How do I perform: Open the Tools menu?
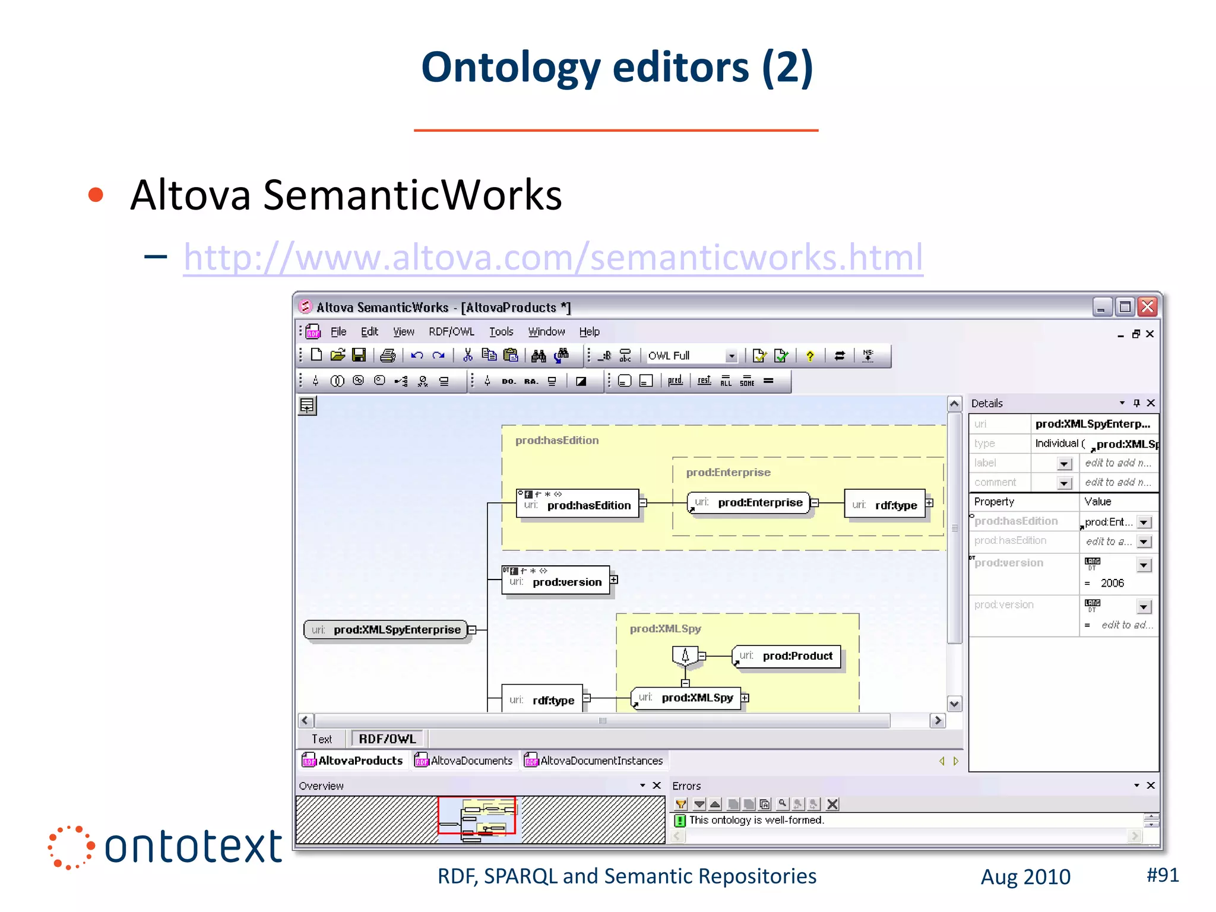tap(501, 332)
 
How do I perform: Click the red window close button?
tap(1148, 307)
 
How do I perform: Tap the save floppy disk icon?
tap(359, 355)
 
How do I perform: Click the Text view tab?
tap(322, 739)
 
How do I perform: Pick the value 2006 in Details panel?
tap(1112, 583)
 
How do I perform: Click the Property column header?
tap(994, 502)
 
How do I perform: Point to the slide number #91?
tap(1162, 875)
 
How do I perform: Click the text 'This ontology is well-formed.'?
tap(756, 820)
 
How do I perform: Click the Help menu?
tap(589, 332)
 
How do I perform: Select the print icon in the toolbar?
tap(388, 355)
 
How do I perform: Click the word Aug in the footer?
tap(999, 877)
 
